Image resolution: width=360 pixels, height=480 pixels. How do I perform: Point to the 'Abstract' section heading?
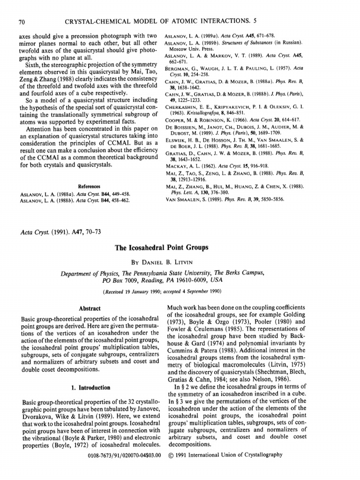pyautogui.click(x=89, y=308)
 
